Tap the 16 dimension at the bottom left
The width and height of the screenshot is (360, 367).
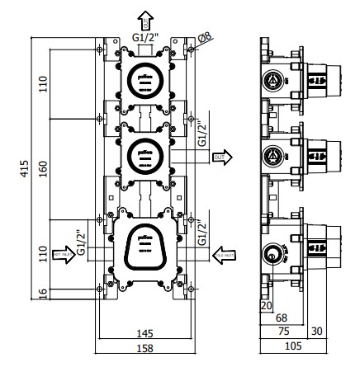44,291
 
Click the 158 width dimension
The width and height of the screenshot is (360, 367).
144,347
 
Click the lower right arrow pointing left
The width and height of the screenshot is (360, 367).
223,252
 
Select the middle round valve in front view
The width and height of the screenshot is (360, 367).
144,153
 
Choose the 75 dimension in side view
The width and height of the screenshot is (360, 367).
283,332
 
